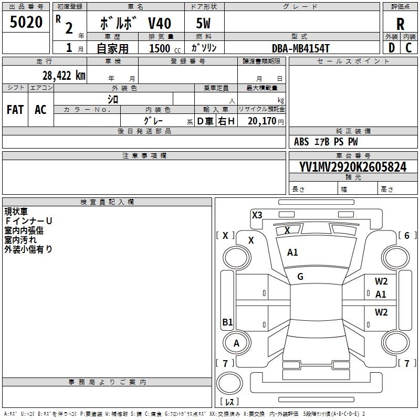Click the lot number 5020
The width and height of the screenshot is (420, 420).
click(x=26, y=23)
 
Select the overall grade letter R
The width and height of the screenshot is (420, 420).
click(x=400, y=24)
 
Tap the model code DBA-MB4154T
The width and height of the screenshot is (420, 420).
click(x=301, y=48)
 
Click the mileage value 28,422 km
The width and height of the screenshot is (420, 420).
click(x=64, y=75)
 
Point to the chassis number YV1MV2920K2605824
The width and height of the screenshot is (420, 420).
click(x=353, y=167)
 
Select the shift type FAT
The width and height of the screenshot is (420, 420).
click(x=15, y=110)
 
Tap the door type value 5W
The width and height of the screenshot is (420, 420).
click(x=203, y=24)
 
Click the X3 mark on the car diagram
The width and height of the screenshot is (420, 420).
click(x=257, y=215)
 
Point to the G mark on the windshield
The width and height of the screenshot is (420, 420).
click(x=300, y=277)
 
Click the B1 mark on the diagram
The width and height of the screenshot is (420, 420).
click(x=227, y=322)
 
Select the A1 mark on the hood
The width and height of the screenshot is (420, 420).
click(x=292, y=253)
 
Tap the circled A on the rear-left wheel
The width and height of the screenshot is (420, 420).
click(x=236, y=343)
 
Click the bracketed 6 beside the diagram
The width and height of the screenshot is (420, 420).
click(x=407, y=236)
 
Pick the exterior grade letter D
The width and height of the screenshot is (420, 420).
click(x=391, y=48)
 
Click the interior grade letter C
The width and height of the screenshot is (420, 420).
click(x=408, y=48)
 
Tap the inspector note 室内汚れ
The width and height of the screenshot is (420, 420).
click(x=20, y=240)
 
